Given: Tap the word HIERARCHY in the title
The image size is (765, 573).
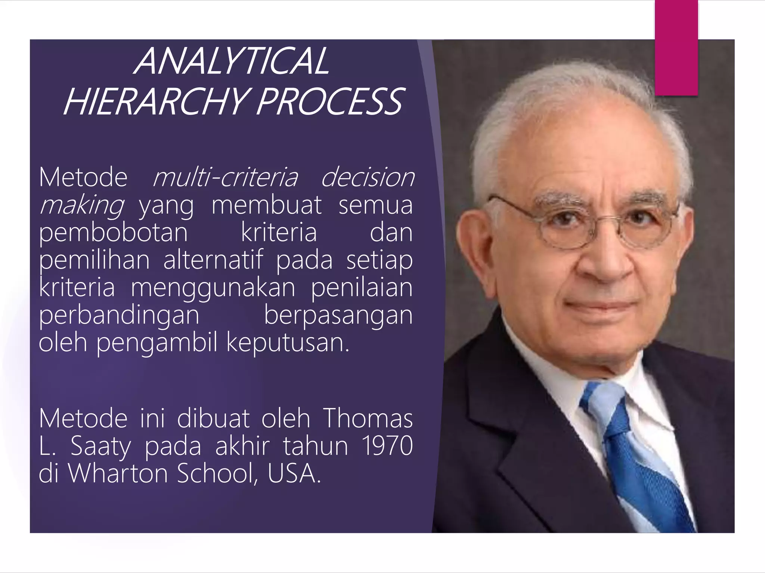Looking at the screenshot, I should pyautogui.click(x=155, y=101).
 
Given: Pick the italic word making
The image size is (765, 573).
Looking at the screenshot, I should pyautogui.click(x=82, y=205).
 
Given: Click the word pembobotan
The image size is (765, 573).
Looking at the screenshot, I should pyautogui.click(x=113, y=232).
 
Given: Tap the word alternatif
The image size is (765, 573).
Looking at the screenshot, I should pyautogui.click(x=213, y=260).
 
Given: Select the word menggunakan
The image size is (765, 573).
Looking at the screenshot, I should pyautogui.click(x=213, y=288).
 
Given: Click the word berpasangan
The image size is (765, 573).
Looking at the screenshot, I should pyautogui.click(x=338, y=315).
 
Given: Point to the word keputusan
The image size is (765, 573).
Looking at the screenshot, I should pyautogui.click(x=288, y=342).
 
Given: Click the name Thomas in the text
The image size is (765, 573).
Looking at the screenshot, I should pyautogui.click(x=368, y=418).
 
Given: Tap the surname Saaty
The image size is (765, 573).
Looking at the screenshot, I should pyautogui.click(x=101, y=446).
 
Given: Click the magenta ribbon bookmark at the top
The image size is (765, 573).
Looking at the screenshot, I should pyautogui.click(x=676, y=48).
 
